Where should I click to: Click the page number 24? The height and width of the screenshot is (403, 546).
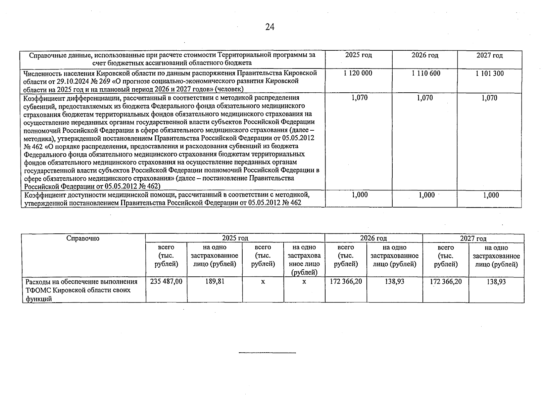click(270, 27)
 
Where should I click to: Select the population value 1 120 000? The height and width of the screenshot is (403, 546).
click(358, 73)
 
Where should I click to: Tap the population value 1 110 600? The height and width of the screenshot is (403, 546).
click(426, 73)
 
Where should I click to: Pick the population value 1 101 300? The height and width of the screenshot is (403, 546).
click(490, 73)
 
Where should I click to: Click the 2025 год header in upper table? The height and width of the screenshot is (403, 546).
click(358, 55)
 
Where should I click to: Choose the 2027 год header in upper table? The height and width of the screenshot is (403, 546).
click(490, 55)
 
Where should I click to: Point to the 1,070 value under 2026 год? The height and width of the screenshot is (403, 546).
click(425, 98)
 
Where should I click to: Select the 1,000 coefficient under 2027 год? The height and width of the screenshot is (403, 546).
click(491, 195)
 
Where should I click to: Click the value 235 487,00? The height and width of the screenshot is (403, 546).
click(166, 281)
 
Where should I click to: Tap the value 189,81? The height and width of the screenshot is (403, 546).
click(215, 281)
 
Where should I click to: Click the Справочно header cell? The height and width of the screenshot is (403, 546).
click(83, 238)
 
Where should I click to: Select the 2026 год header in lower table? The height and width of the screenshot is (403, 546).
click(374, 238)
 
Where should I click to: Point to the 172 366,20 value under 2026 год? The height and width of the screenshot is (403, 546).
click(346, 281)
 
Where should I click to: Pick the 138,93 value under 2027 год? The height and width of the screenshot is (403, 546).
click(496, 282)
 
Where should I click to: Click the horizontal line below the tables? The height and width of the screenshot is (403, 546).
click(267, 353)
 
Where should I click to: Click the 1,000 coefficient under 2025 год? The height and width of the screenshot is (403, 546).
click(360, 195)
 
